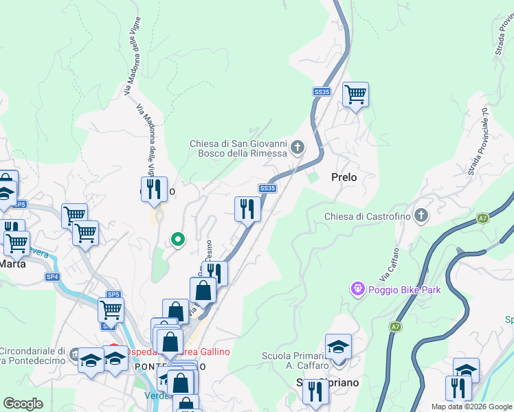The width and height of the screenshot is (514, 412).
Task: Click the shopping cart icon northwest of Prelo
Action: pyautogui.click(x=355, y=94)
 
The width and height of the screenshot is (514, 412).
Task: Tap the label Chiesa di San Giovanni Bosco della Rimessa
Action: pyautogui.click(x=238, y=148)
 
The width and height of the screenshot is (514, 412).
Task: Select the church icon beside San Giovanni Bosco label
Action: pyautogui.click(x=298, y=147)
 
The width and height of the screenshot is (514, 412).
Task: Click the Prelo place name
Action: pyautogui.click(x=344, y=177)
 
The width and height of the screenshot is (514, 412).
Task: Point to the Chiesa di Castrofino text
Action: pyautogui.click(x=368, y=217)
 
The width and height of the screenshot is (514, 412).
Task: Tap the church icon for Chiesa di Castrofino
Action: pyautogui.click(x=421, y=216)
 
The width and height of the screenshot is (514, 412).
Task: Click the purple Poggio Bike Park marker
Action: pyautogui.click(x=357, y=289)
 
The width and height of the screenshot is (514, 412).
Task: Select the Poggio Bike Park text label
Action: pyautogui.click(x=405, y=290)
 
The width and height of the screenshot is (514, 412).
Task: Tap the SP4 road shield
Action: pyautogui.click(x=53, y=277)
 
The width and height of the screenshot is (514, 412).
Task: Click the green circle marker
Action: pyautogui.click(x=178, y=240)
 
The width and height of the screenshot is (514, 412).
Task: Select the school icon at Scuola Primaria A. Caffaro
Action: pyautogui.click(x=338, y=346)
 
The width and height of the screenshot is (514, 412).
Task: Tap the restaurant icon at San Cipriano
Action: pyautogui.click(x=315, y=391)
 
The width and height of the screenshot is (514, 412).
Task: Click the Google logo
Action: pyautogui.click(x=23, y=404)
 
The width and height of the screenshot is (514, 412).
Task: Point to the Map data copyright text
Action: pyautogui.click(x=472, y=407)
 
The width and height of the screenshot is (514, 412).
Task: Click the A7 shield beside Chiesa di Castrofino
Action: pyautogui.click(x=483, y=218)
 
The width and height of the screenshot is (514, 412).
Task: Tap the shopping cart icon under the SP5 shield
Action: pyautogui.click(x=111, y=310)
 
